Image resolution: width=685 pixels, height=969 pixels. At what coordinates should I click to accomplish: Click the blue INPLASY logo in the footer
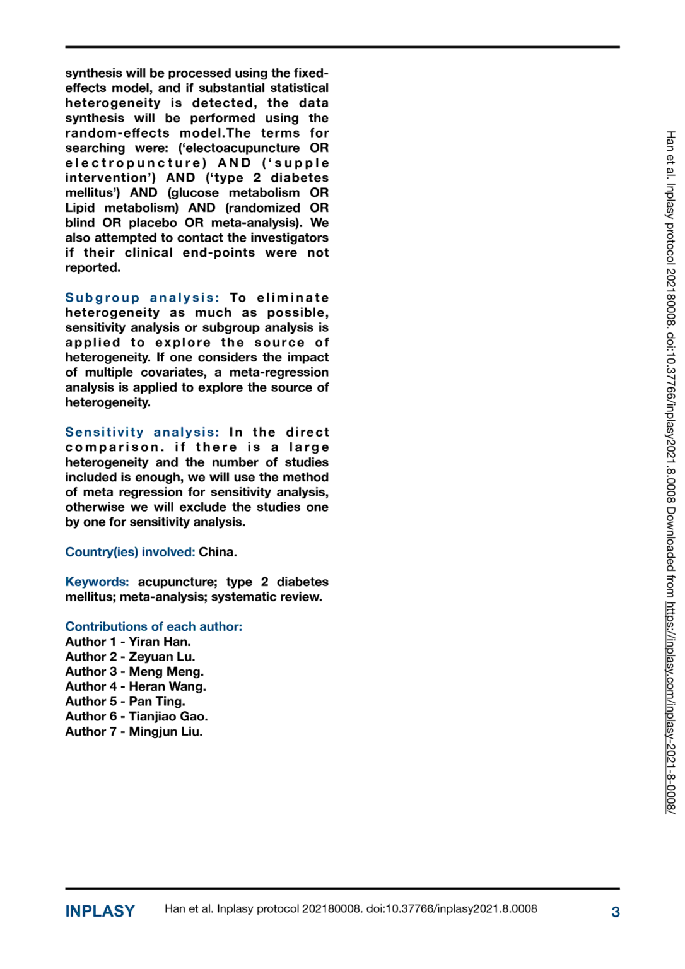pos(100,911)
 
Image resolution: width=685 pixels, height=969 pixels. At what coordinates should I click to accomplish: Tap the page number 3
pos(615,912)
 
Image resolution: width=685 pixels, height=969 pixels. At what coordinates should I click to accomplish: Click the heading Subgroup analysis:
pos(142,298)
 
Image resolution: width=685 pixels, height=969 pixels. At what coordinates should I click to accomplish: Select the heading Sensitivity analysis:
pos(142,432)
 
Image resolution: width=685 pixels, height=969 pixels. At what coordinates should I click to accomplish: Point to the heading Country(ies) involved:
pos(130,552)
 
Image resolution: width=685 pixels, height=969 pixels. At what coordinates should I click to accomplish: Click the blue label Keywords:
pos(97,582)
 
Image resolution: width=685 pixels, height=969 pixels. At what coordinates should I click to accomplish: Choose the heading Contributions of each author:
pos(153,626)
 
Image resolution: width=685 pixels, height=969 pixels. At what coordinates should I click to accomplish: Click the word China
pos(218,552)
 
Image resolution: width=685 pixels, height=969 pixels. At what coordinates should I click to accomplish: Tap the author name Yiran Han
pos(160,642)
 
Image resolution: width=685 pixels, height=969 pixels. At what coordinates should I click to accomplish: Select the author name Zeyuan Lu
pos(162,657)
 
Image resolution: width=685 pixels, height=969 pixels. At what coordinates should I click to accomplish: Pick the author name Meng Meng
pos(166,672)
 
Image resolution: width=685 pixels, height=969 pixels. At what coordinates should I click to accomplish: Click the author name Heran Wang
pos(167,686)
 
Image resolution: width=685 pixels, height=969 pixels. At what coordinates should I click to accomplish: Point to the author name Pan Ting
pos(157,702)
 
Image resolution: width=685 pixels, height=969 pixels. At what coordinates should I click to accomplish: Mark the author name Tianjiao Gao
pos(168,717)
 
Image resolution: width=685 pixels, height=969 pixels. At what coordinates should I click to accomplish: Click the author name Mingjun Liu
pos(166,732)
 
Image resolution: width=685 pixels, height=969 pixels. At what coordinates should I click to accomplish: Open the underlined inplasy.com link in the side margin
pos(670,707)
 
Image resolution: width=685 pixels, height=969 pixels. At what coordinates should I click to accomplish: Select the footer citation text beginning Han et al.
pos(351,909)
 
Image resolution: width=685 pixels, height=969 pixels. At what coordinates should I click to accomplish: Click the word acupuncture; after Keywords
pos(177,582)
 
